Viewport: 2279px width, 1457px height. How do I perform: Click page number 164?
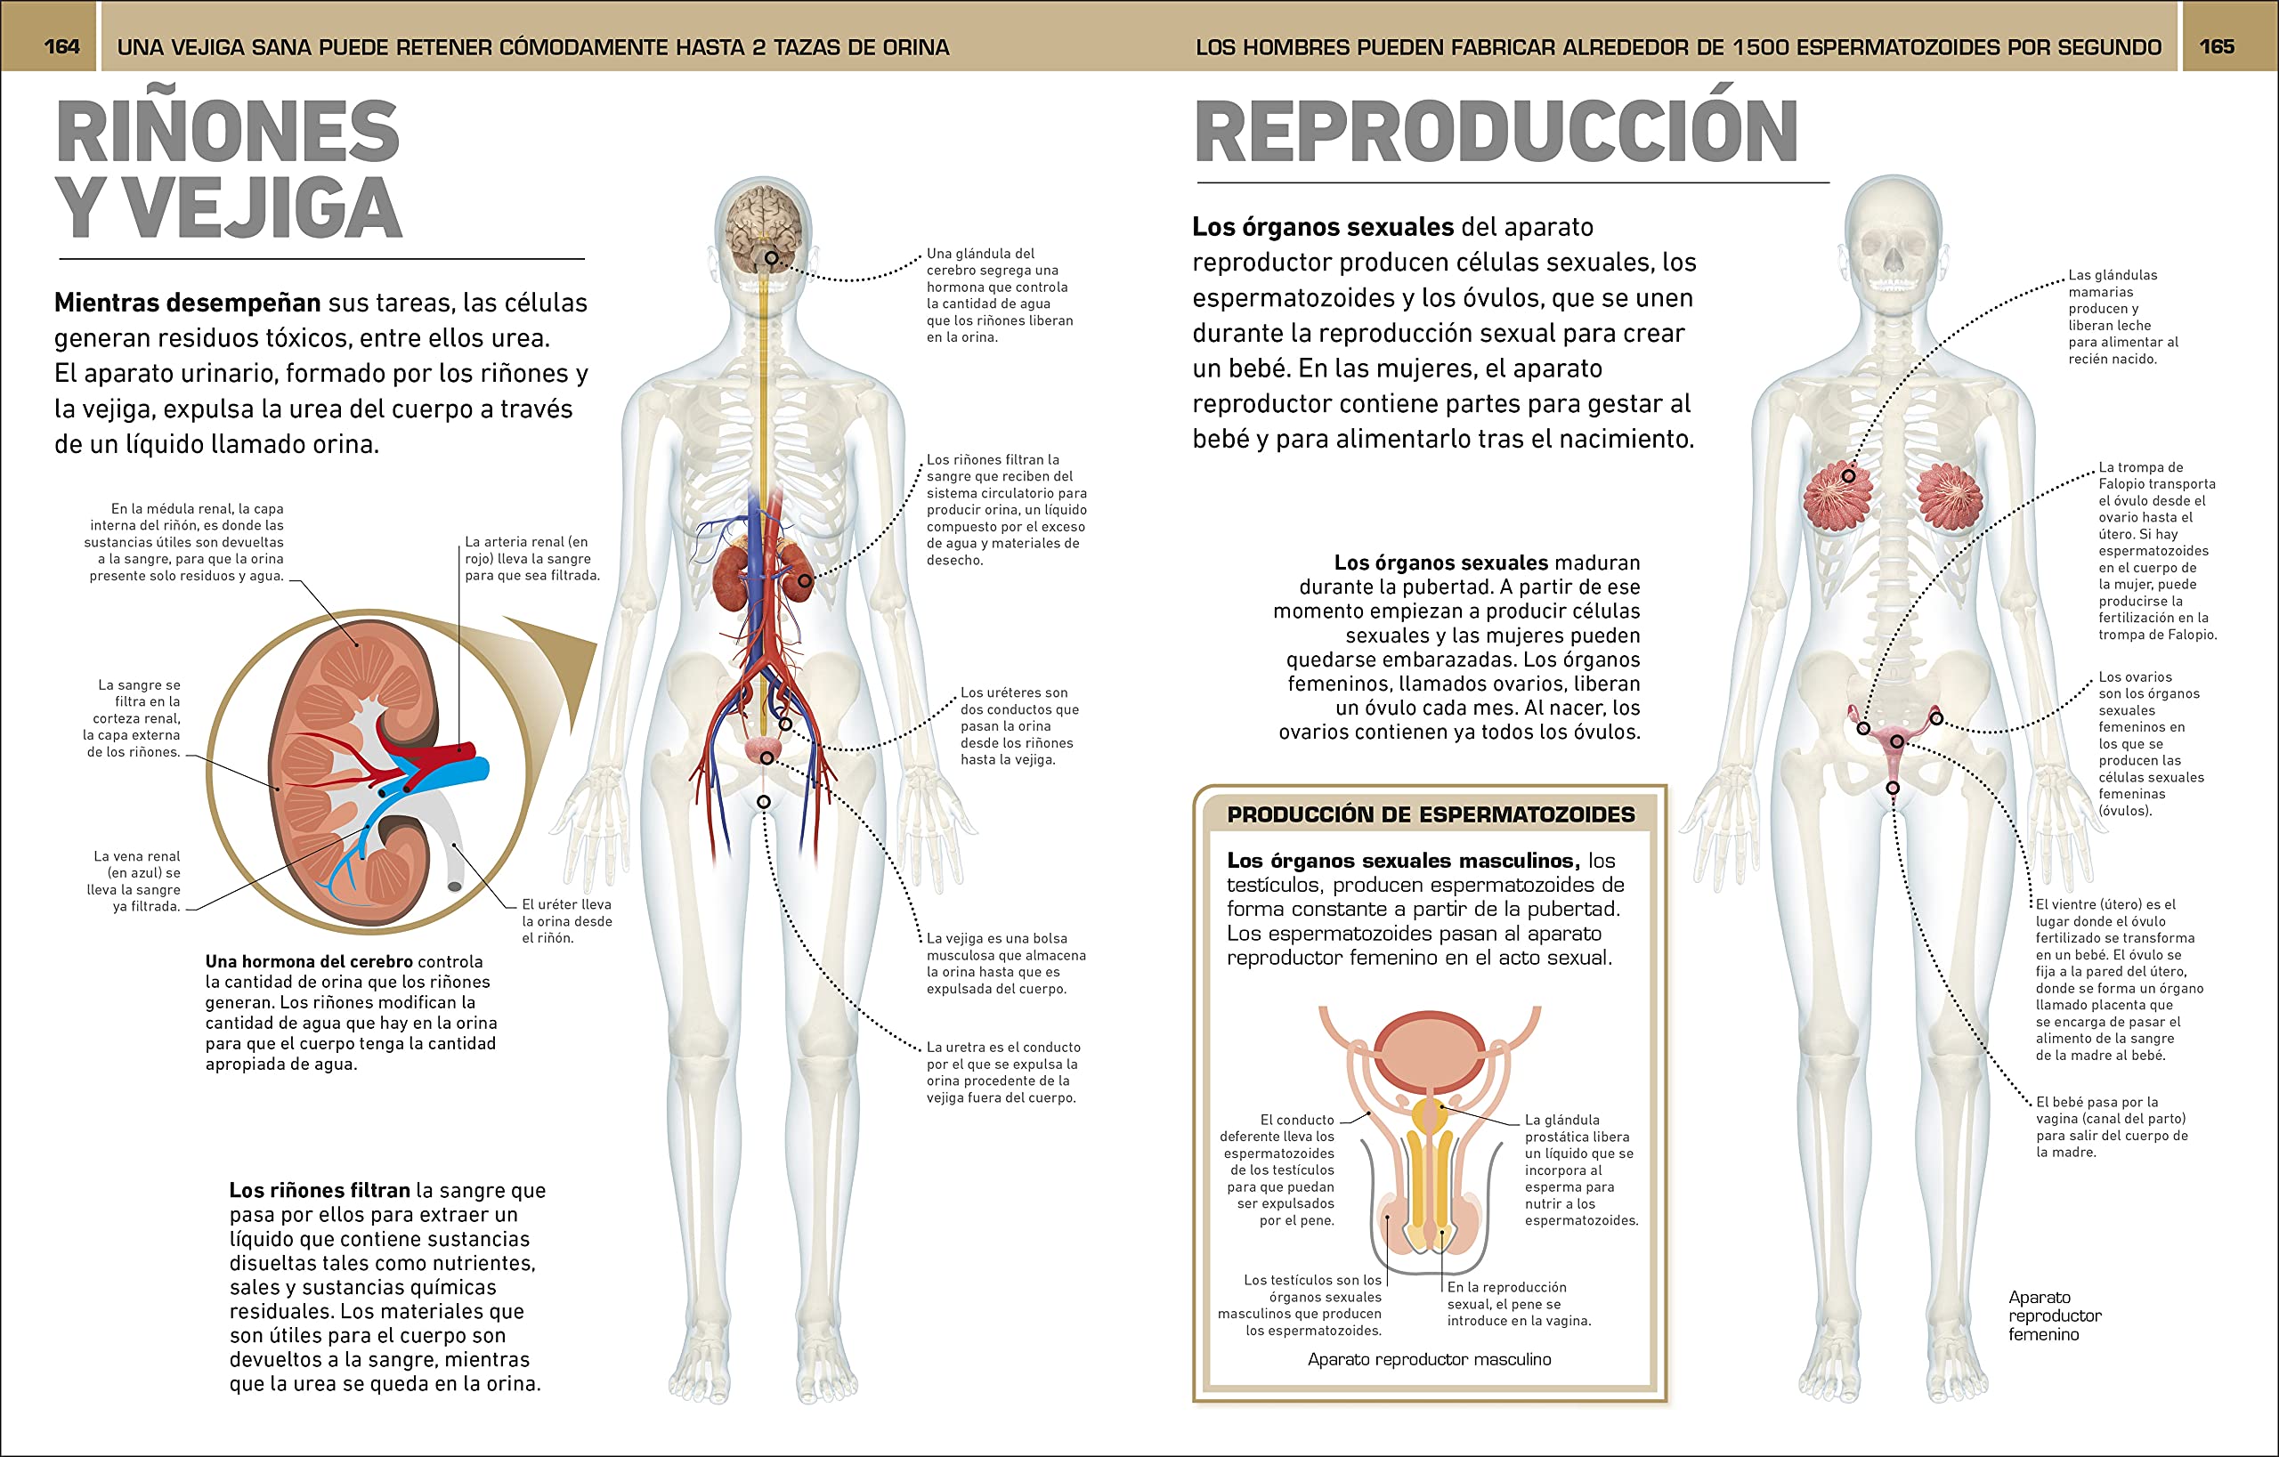coord(61,46)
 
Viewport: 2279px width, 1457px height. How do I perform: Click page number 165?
coord(2217,46)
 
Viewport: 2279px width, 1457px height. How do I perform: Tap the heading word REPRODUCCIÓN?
coord(1496,133)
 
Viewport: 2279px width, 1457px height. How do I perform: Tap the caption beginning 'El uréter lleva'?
coord(566,920)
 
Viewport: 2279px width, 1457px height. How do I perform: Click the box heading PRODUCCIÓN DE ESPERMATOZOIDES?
coord(1430,814)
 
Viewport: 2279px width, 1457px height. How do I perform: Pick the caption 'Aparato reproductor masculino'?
coord(1429,1360)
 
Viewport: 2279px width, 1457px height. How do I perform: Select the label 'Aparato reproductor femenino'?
coord(2055,1315)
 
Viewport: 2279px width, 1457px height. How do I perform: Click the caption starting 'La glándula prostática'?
coord(1579,1170)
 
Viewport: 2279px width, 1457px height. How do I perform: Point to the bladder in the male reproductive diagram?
coord(1429,1050)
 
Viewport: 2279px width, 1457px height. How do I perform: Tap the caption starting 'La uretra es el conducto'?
coord(1002,1072)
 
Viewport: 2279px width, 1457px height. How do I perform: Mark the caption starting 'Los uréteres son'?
coord(1018,725)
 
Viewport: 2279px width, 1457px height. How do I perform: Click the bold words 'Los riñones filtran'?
coord(319,1190)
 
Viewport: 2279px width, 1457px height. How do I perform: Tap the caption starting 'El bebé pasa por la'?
coord(2111,1127)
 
